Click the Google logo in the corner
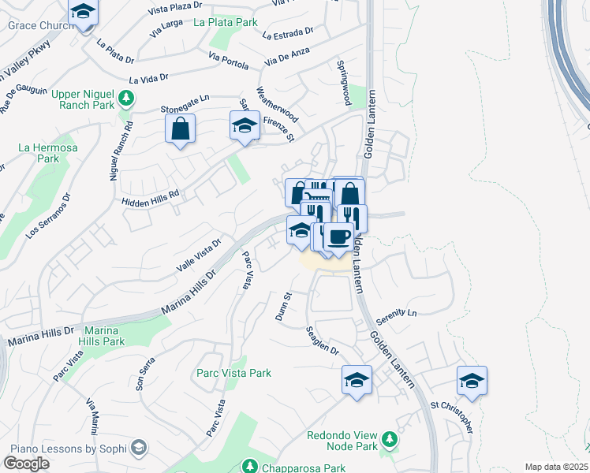tap(26, 463)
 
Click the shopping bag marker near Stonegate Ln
tap(181, 128)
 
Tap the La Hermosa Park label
tap(38, 153)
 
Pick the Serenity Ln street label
tap(395, 312)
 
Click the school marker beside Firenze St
tap(245, 126)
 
